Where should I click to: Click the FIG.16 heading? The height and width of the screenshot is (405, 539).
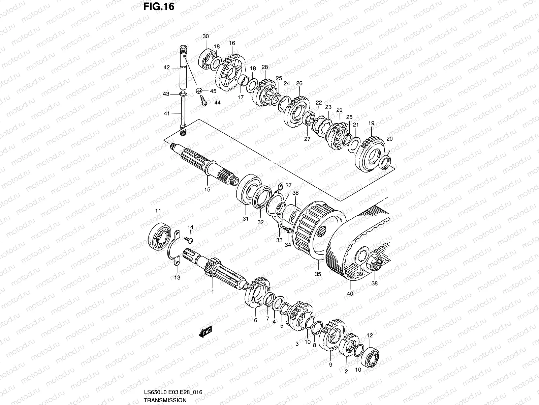[x=158, y=6]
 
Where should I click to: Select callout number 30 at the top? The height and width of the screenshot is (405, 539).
[x=205, y=36]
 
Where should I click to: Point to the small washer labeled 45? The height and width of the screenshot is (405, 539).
[x=199, y=91]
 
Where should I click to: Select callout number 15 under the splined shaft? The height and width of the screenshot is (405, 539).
[x=207, y=189]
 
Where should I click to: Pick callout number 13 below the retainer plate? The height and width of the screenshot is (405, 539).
[x=177, y=277]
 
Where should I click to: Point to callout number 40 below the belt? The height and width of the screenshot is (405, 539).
[x=350, y=293]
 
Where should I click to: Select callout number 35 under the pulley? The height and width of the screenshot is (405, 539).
[x=318, y=274]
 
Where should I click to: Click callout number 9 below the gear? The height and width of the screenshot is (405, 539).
[x=330, y=364]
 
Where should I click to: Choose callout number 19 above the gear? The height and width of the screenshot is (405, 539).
[x=371, y=124]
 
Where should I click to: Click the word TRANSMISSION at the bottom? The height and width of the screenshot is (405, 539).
[x=165, y=400]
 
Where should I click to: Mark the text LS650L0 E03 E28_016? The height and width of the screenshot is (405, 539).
[x=173, y=392]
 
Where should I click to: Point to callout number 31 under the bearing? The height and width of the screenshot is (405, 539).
[x=246, y=219]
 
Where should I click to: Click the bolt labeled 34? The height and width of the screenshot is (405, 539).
[x=288, y=230]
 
